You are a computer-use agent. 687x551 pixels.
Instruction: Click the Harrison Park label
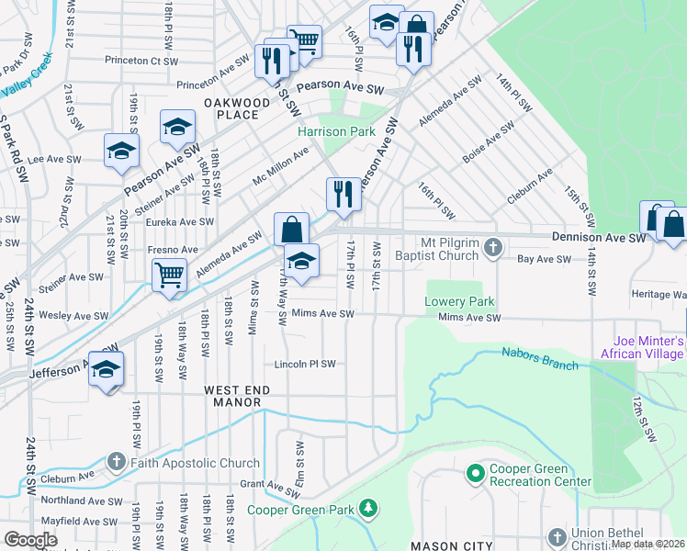(336, 131)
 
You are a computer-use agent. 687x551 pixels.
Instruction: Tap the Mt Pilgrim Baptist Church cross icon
(493, 247)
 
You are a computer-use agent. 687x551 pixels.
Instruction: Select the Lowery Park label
(459, 301)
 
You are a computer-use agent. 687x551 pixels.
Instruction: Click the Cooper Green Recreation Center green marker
(476, 474)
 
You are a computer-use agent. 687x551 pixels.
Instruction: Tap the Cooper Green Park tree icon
(368, 507)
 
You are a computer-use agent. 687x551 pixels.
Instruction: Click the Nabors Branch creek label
(540, 358)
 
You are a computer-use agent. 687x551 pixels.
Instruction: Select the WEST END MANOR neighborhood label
(237, 397)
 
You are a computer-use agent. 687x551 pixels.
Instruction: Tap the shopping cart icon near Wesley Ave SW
(170, 274)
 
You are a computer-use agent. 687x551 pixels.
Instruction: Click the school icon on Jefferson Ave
(107, 369)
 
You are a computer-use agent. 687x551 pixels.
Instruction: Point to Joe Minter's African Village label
(643, 346)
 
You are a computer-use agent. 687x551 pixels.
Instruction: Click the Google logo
(30, 540)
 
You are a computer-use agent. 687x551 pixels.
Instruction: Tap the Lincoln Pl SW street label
(304, 364)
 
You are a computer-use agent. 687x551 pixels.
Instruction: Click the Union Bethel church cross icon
(557, 536)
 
